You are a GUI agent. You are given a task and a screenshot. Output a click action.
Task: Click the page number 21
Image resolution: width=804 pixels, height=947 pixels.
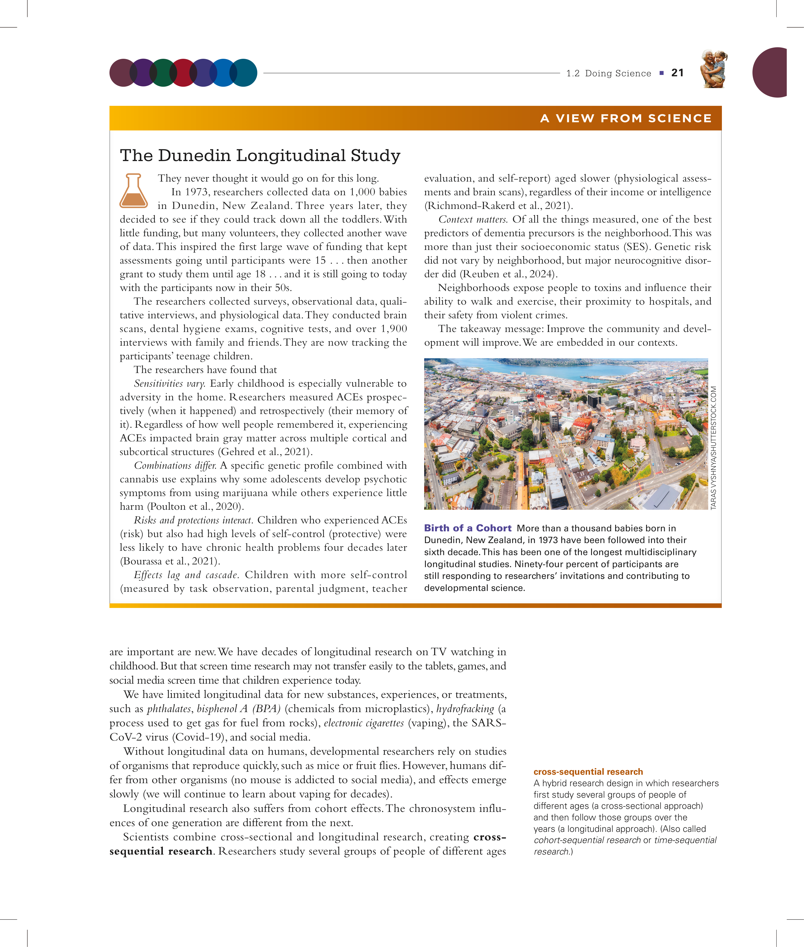pos(677,73)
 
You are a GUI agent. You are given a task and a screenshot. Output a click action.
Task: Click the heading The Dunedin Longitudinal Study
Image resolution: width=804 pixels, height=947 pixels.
pos(260,156)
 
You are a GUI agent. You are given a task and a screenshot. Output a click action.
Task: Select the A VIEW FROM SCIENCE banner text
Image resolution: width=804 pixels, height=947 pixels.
pos(626,118)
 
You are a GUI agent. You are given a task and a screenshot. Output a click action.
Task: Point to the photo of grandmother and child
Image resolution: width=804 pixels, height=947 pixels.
pos(714,69)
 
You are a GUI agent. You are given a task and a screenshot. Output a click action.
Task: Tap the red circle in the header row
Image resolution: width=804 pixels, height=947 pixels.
pos(183,73)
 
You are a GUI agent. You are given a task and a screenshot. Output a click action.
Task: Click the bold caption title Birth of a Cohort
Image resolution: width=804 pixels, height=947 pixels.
pos(468,528)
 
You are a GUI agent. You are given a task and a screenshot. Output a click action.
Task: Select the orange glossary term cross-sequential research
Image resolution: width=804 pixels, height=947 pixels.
pos(588,772)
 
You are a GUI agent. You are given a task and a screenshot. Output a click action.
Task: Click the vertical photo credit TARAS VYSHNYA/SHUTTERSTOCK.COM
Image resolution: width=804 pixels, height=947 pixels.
pos(713,448)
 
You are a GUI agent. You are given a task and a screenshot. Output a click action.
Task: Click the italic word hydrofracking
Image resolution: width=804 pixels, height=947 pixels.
pos(465,709)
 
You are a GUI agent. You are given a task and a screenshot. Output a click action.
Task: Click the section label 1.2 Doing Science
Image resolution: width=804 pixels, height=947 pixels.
pos(608,73)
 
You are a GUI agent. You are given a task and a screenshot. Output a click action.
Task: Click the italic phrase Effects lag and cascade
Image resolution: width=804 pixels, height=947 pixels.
pos(186,575)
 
